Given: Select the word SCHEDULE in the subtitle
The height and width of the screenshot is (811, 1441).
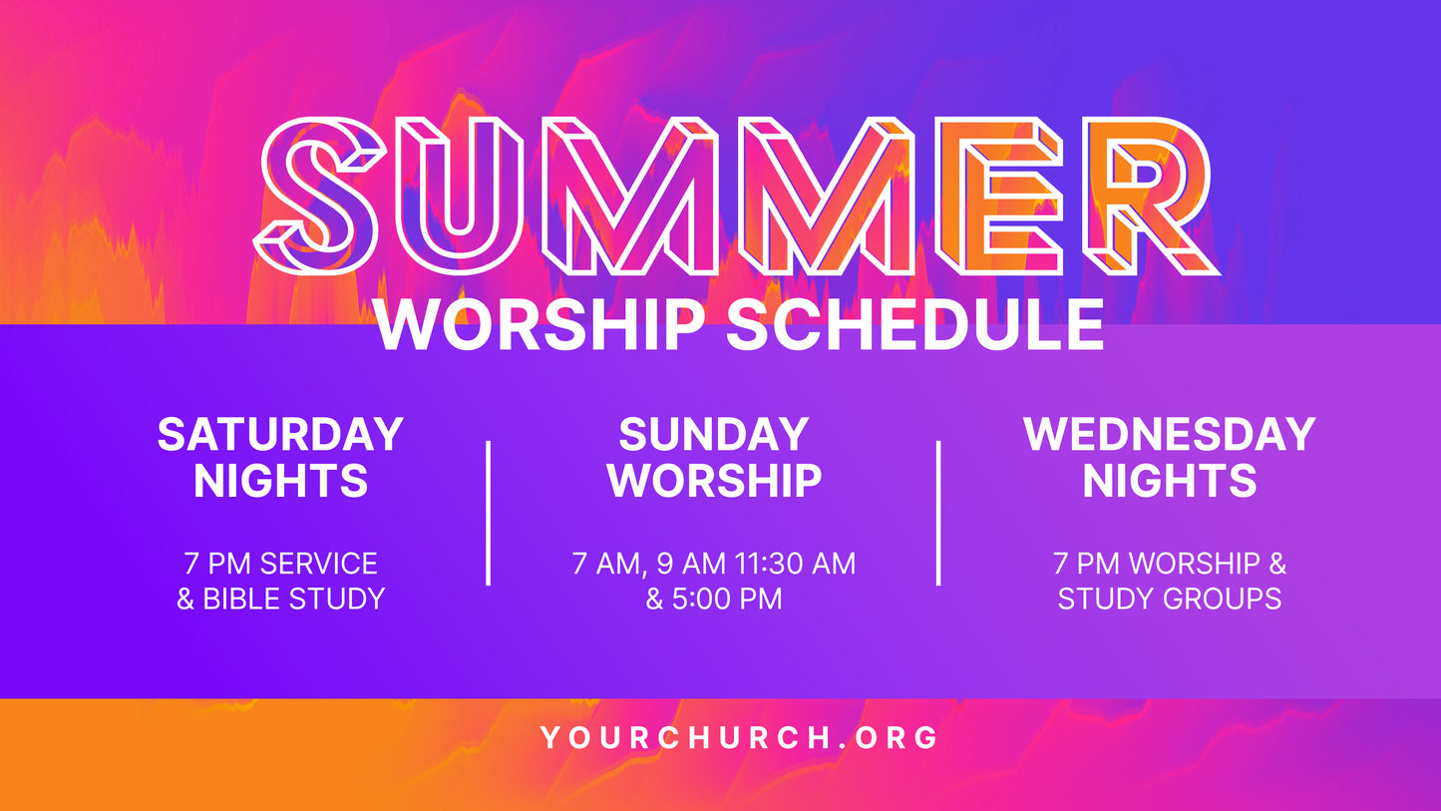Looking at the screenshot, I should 914,324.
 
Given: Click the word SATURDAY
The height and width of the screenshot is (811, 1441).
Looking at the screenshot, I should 280,435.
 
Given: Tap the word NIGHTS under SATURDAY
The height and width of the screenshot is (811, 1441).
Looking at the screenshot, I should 280,481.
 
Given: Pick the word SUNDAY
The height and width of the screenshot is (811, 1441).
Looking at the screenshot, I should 714,435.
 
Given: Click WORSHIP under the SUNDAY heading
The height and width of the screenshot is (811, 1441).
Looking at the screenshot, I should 714,481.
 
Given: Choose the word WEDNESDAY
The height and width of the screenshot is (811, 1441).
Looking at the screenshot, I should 1170,435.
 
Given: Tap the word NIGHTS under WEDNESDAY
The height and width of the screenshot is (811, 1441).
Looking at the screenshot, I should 1170,481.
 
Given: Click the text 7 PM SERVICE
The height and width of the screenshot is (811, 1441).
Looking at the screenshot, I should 280,564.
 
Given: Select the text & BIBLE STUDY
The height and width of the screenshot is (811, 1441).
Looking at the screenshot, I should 280,600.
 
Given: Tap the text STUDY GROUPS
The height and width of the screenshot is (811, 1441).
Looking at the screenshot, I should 1170,600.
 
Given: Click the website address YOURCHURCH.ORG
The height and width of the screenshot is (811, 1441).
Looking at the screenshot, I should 740,738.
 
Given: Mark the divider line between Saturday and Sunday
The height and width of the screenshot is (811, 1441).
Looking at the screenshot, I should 488,513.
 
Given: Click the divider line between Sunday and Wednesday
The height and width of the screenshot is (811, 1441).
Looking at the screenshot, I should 938,513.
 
